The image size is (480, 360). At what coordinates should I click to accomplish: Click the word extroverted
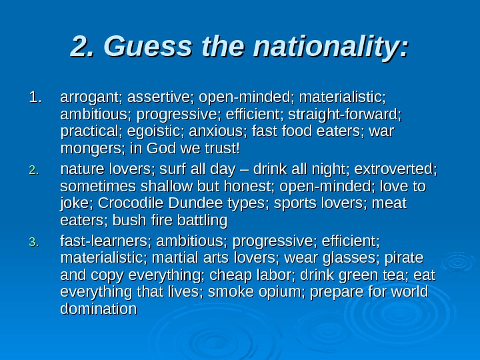(397, 169)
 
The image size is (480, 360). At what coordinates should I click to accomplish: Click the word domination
(98, 309)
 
